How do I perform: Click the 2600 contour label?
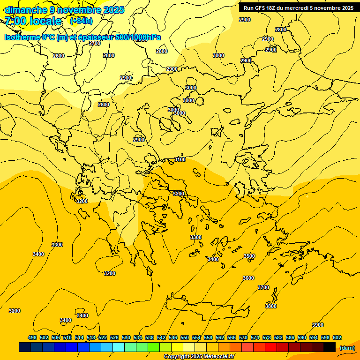coord(59,56)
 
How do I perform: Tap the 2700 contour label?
coord(95,43)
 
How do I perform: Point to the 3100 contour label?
coord(180,159)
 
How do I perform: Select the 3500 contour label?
coord(249,256)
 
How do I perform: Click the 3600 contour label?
coord(248,278)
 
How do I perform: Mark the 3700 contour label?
coord(263,287)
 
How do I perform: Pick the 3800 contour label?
coord(271,306)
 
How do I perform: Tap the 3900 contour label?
coord(318,325)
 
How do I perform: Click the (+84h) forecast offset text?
coord(81,21)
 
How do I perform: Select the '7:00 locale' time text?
coord(33,21)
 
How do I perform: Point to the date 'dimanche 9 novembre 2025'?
coord(64,10)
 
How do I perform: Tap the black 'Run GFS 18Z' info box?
coord(298,8)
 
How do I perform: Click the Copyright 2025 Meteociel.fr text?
coord(199,356)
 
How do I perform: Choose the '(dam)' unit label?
coord(347,347)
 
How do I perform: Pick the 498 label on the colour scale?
coord(32,337)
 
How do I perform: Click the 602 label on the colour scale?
coord(337,337)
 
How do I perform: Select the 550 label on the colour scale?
coord(185,337)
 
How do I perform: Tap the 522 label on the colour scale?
coord(103,337)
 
